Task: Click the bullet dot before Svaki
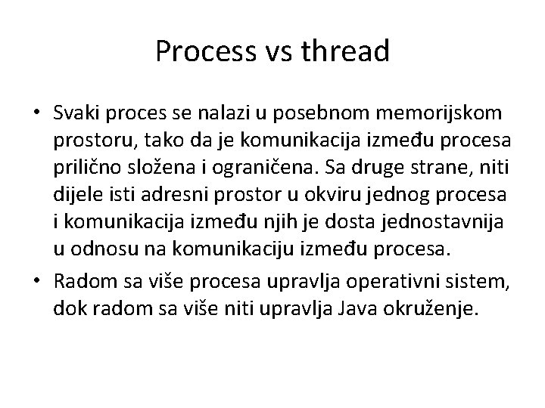(36, 113)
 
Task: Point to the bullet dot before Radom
(36, 283)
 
